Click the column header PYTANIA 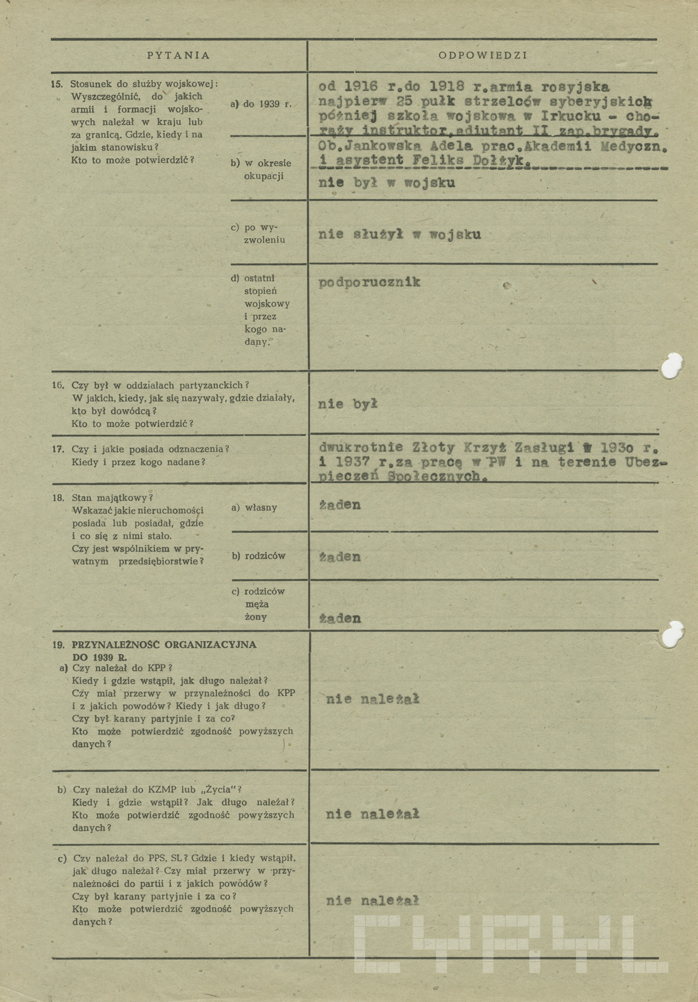178,56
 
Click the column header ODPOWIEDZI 482,56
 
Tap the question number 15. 56,84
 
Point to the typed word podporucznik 369,282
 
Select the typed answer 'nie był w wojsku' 387,183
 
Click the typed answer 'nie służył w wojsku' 400,235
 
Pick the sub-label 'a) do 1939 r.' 261,104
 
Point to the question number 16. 58,385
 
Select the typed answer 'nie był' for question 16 348,404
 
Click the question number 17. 58,449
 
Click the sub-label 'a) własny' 254,507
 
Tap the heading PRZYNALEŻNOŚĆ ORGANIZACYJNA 164,645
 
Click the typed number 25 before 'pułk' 400,101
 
